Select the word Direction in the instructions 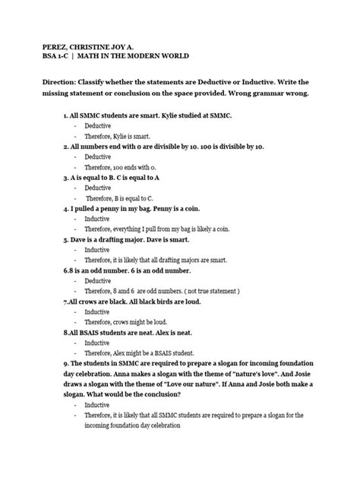pyautogui.click(x=65, y=90)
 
